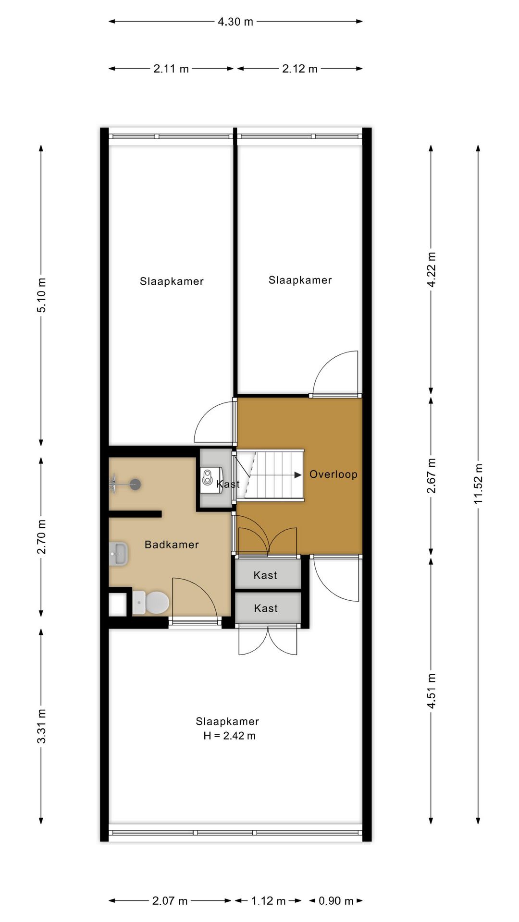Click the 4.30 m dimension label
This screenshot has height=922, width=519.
pos(235,22)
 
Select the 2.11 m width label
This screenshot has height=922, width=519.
pos(171,69)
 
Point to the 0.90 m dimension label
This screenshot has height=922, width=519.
pos(336,900)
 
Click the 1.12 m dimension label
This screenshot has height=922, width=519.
pos(268,900)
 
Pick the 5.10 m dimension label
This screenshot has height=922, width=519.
pos(42,295)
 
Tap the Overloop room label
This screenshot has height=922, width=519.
pos(333,474)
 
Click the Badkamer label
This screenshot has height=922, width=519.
pos(172,545)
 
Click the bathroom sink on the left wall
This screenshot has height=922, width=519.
pos(118,554)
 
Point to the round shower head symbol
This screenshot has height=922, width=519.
pos(135,484)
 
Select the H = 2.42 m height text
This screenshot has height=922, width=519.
pos(229,736)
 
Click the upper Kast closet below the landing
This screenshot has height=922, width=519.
pos(266,575)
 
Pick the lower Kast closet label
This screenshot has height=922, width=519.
pos(266,608)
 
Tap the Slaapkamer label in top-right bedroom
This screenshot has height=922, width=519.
pos(300,280)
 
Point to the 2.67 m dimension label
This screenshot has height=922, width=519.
pos(431,475)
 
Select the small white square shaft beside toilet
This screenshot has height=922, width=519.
pos(117,605)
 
